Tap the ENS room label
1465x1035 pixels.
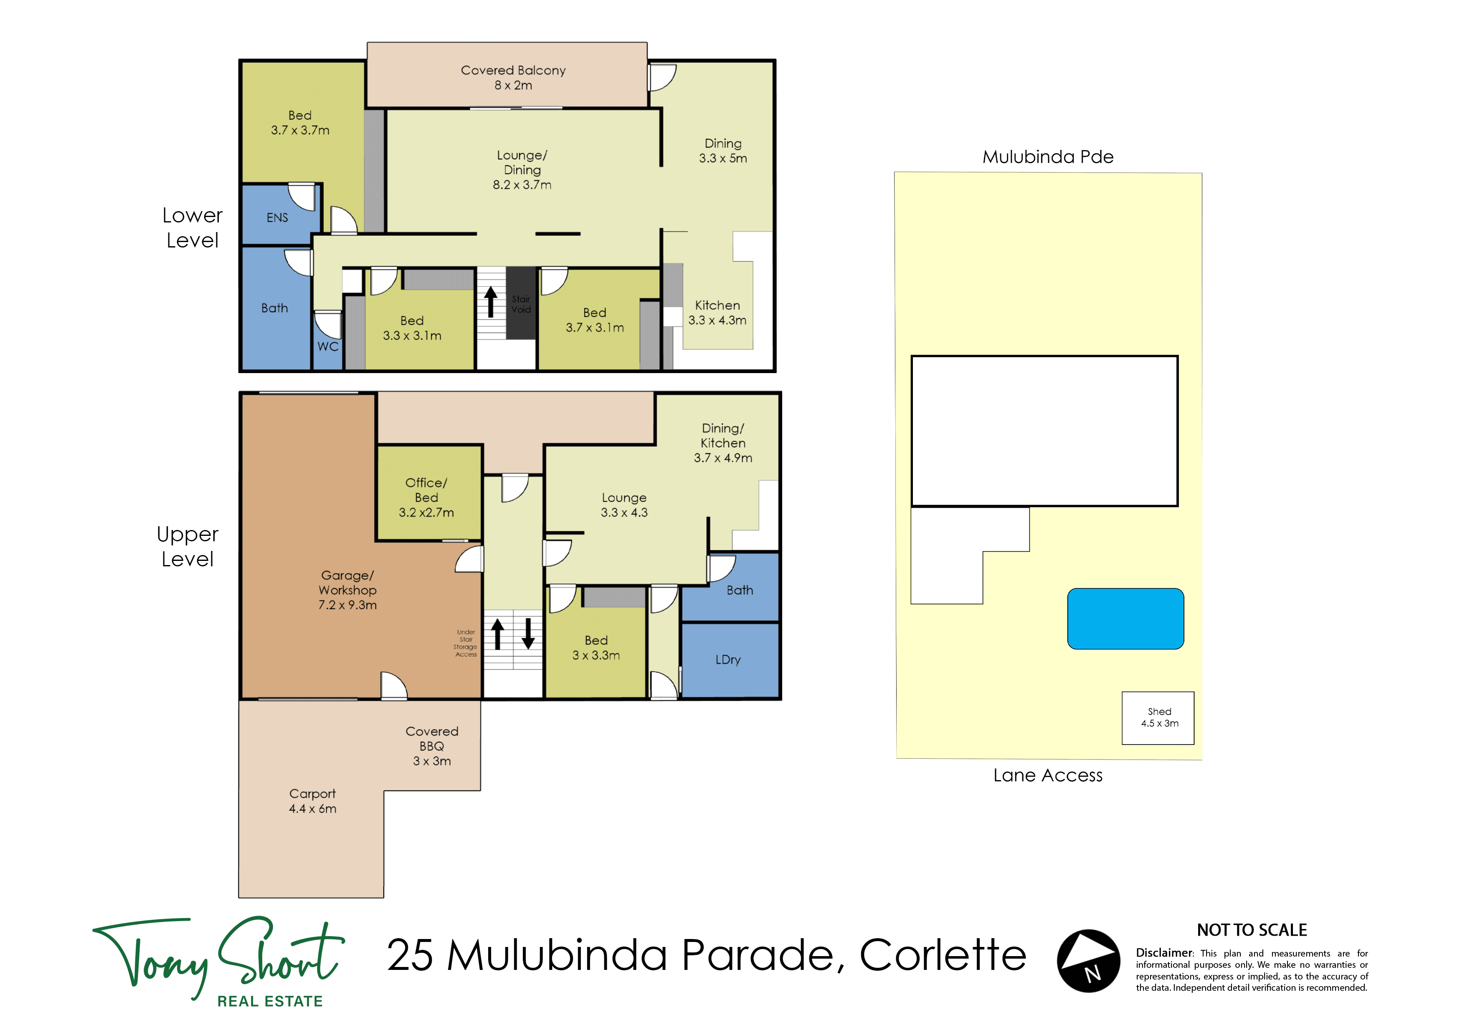[277, 217]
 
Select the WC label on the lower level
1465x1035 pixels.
[328, 346]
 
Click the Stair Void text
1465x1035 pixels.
[521, 304]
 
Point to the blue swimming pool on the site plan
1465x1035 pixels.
[1125, 618]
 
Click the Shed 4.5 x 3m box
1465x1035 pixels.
[1158, 718]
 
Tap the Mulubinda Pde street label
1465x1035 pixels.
[1048, 157]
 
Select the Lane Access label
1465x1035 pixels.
[1048, 775]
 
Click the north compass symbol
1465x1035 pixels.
[1089, 960]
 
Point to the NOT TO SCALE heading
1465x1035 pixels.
[1252, 930]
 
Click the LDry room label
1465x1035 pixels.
[728, 660]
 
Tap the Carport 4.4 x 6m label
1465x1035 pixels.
[313, 801]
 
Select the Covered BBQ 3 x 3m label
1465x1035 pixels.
[432, 746]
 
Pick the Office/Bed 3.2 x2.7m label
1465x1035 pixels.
[426, 497]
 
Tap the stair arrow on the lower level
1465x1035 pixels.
[491, 302]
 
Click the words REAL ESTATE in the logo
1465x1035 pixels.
[270, 1001]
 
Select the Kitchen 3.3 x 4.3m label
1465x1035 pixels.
[717, 313]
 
